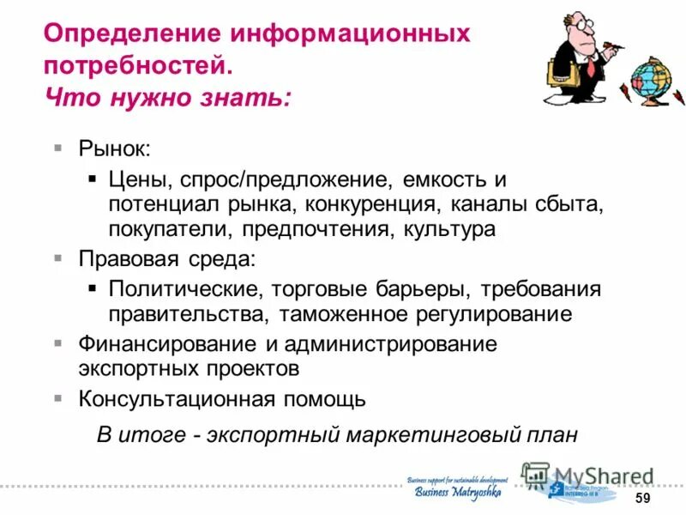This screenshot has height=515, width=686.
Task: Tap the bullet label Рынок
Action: [x=114, y=148]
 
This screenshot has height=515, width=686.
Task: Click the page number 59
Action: [x=642, y=500]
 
